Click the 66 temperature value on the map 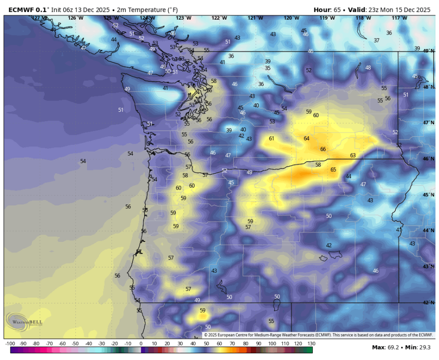tap(323, 149)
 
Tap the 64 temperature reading tap(306, 139)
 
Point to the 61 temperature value tap(272, 139)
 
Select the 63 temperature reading tap(353, 156)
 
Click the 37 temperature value tap(377, 40)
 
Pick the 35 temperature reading tap(268, 68)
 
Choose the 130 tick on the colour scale tap(311, 344)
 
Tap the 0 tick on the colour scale tap(141, 344)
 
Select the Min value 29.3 tap(424, 347)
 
